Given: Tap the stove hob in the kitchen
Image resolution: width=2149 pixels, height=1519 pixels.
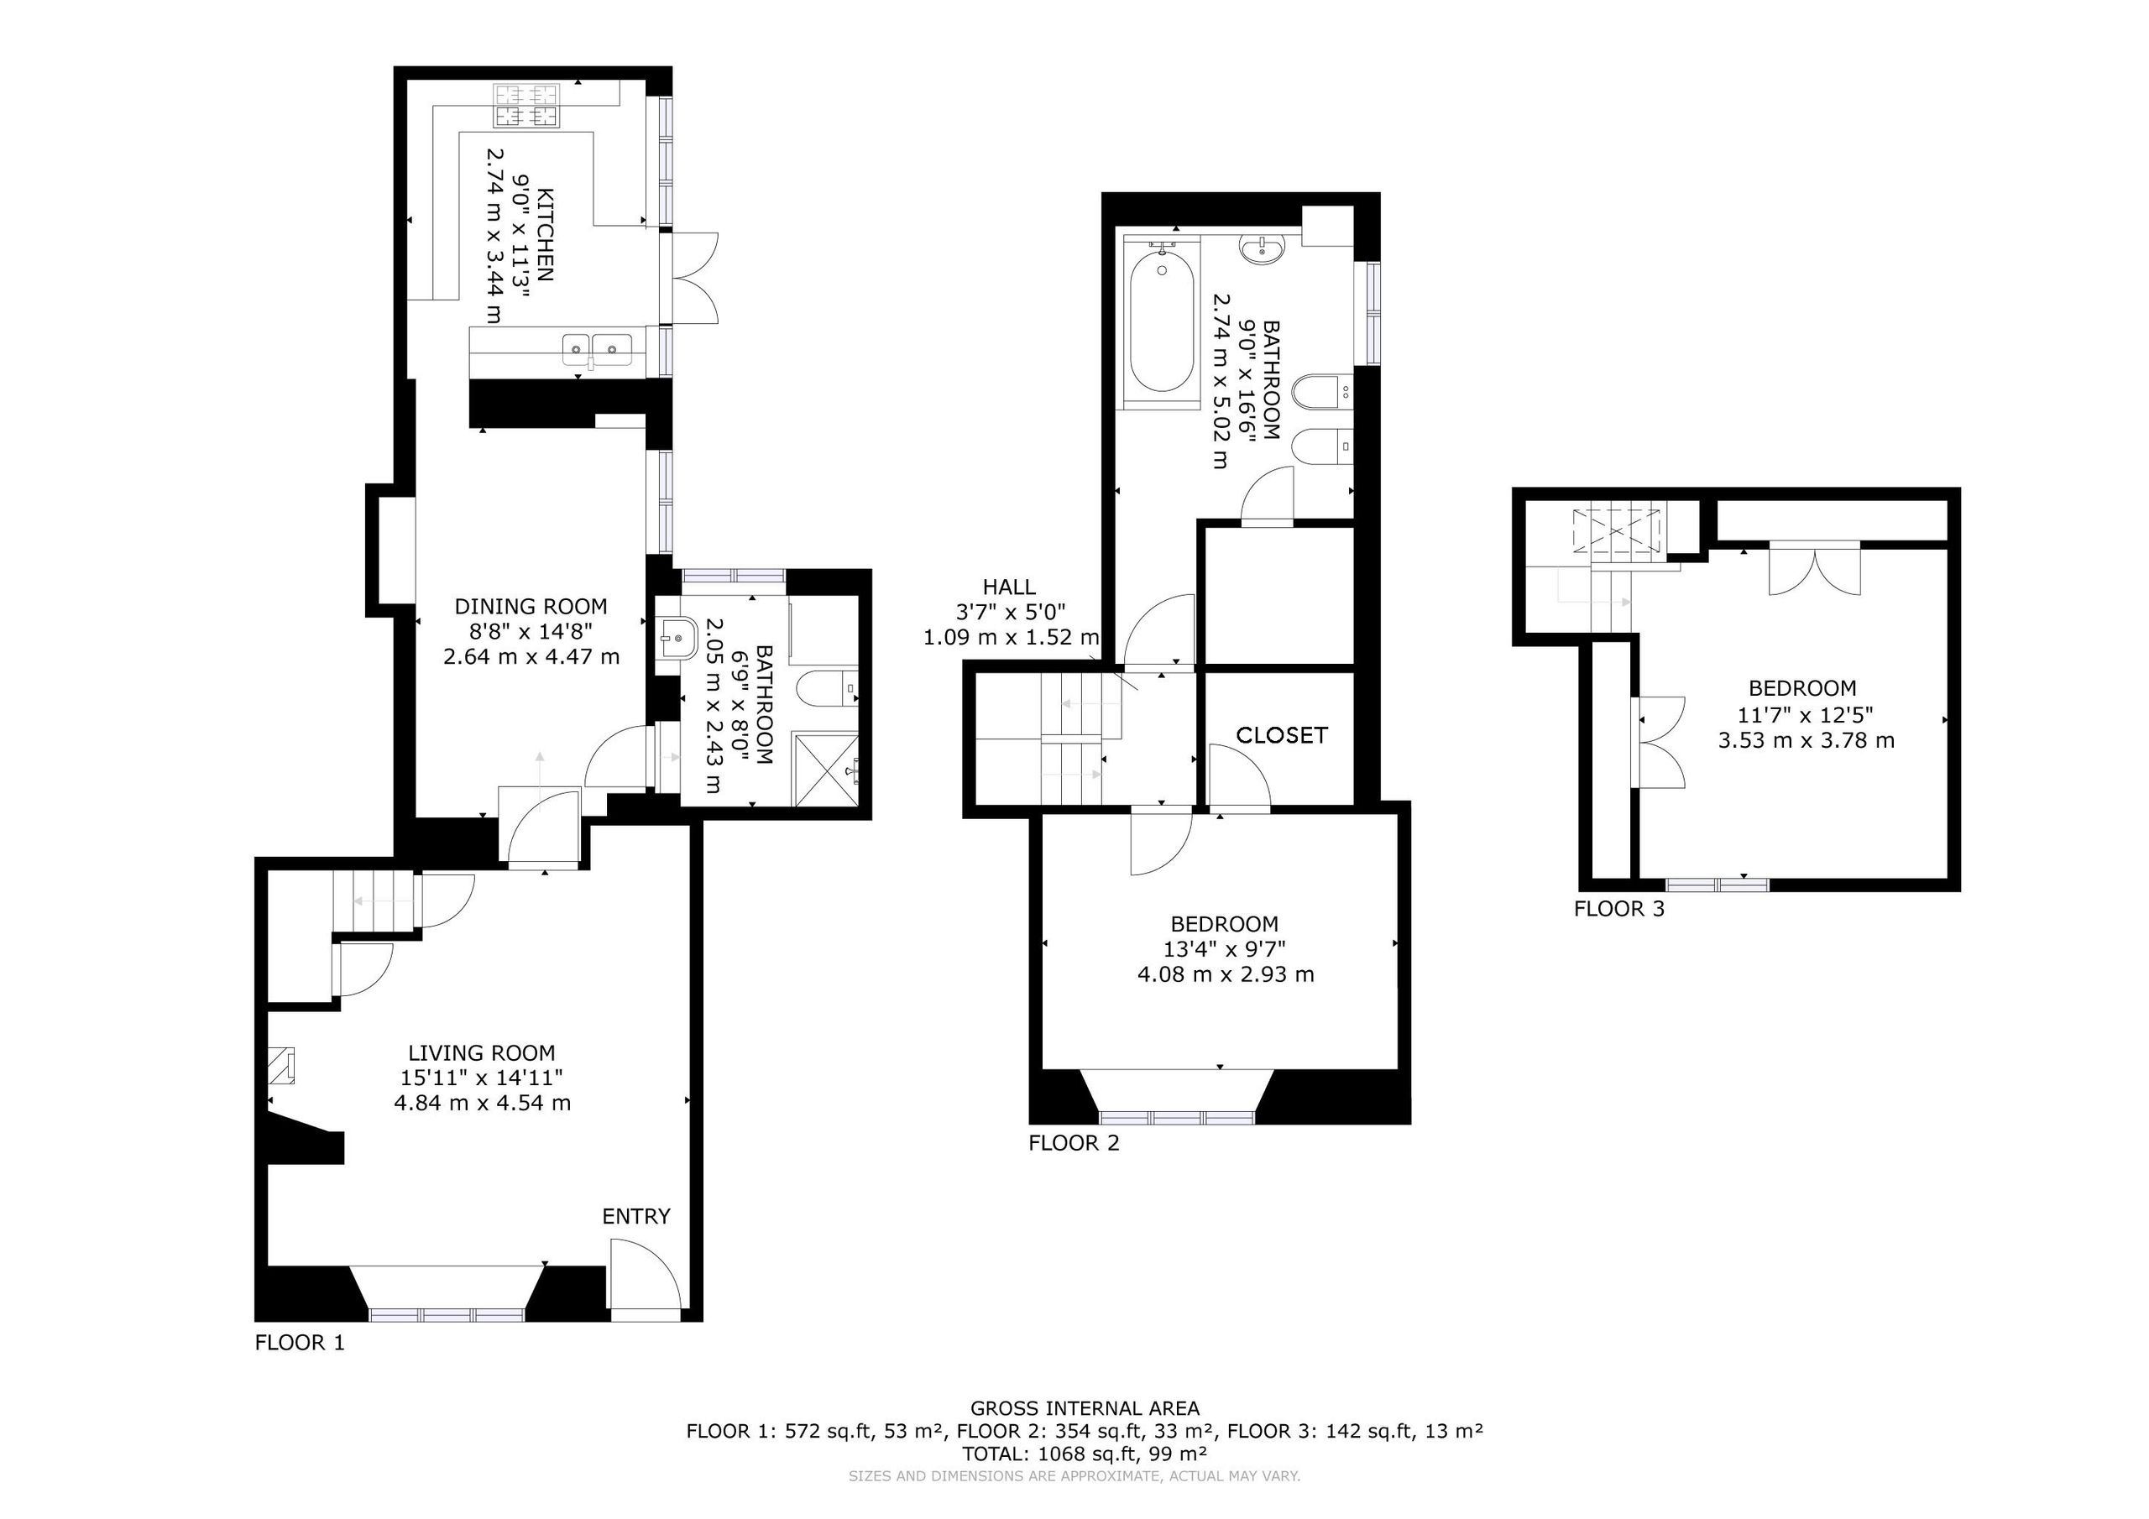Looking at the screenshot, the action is pos(527,106).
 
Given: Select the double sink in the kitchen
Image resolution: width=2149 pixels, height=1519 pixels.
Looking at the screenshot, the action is pos(597,350).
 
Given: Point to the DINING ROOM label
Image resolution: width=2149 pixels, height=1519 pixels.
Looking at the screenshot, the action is pos(531,607).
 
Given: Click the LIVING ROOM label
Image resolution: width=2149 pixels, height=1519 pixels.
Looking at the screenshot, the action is pos(481,1054).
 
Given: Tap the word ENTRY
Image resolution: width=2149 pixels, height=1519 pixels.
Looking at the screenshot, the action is pos(636,1217).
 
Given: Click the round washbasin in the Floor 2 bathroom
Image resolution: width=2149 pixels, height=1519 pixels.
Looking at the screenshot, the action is pos(1262,249).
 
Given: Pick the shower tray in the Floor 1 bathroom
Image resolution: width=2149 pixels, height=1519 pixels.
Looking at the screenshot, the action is pos(825,770).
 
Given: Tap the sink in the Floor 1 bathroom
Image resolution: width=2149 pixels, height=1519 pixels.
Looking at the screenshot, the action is pos(674,639).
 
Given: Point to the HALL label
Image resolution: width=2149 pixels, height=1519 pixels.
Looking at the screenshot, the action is pos(1009,587).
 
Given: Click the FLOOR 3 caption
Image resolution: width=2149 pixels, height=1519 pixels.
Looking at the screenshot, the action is pos(1619,909).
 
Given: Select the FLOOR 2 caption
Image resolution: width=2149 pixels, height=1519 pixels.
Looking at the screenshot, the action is pos(1074,1143).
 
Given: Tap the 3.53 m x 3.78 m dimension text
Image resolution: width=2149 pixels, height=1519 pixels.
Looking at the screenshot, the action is pos(1806,741).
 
